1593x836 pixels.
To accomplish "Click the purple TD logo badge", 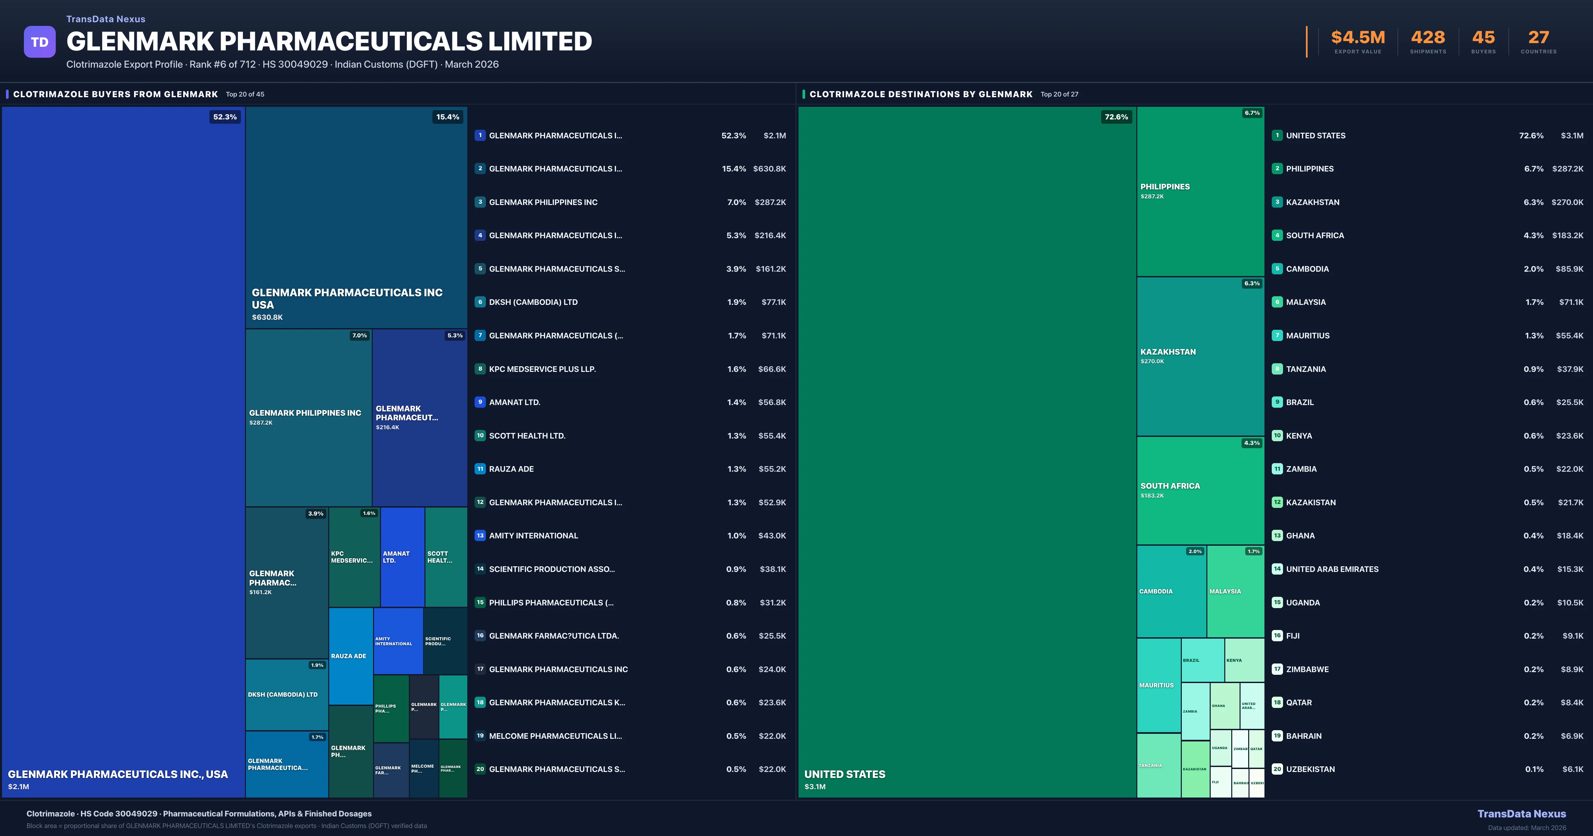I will (x=39, y=42).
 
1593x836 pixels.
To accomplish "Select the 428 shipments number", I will (x=1428, y=38).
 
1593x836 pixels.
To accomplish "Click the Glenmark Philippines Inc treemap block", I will (x=308, y=417).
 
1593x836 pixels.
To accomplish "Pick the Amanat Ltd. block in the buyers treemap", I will (x=402, y=557).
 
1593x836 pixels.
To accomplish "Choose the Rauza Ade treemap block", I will (x=351, y=656).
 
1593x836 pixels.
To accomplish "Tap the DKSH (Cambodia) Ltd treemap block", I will (x=286, y=694).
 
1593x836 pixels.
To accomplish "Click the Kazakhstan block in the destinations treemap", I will (x=1200, y=356).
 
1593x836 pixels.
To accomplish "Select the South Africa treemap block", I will (x=1200, y=490).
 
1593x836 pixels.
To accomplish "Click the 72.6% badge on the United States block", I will (x=1116, y=117).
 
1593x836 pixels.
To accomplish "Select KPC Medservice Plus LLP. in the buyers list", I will (x=542, y=369).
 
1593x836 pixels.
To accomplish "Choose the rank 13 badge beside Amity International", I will (x=480, y=535).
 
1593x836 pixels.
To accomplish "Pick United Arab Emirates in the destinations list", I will (x=1332, y=569).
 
